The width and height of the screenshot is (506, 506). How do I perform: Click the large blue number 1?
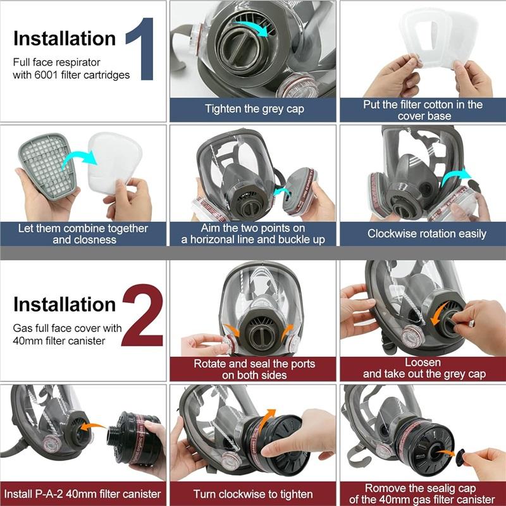pos(140,49)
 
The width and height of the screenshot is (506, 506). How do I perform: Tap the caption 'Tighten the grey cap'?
pos(254,109)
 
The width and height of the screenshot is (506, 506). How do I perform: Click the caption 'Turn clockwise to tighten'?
pos(254,493)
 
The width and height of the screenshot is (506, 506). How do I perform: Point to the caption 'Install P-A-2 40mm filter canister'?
pos(83,493)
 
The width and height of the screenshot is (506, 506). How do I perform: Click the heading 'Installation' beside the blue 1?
pos(65,39)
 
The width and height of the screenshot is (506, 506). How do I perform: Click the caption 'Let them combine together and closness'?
pos(83,233)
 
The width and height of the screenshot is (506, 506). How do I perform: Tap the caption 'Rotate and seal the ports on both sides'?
pos(254,369)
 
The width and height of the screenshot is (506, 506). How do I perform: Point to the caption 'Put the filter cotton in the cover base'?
pos(423,109)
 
